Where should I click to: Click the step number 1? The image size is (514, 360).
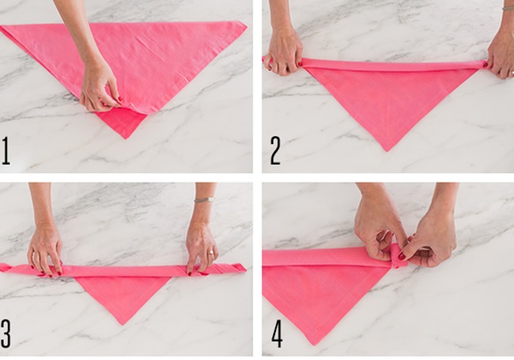6,151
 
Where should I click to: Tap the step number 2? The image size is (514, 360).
275,151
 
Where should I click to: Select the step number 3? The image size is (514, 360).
6,333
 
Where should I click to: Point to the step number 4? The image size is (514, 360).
277,333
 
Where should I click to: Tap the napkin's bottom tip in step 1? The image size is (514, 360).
126,138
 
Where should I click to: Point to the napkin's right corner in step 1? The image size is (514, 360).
246,24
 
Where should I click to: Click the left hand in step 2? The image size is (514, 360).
284,49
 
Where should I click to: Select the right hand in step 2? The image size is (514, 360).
500,56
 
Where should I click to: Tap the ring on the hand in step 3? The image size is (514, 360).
211,252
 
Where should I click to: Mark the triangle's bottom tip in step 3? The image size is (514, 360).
123,324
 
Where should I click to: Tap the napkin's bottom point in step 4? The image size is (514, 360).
314,345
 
